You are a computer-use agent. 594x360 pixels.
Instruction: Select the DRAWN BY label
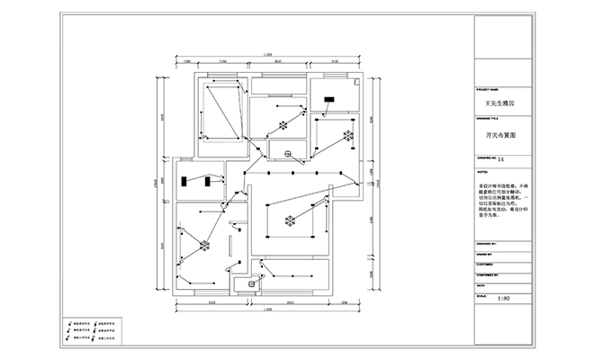point(485,255)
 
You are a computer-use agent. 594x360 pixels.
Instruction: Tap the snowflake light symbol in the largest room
point(290,220)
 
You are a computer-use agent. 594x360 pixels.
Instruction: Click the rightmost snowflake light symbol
point(346,137)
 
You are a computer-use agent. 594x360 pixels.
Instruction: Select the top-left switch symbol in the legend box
point(70,321)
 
